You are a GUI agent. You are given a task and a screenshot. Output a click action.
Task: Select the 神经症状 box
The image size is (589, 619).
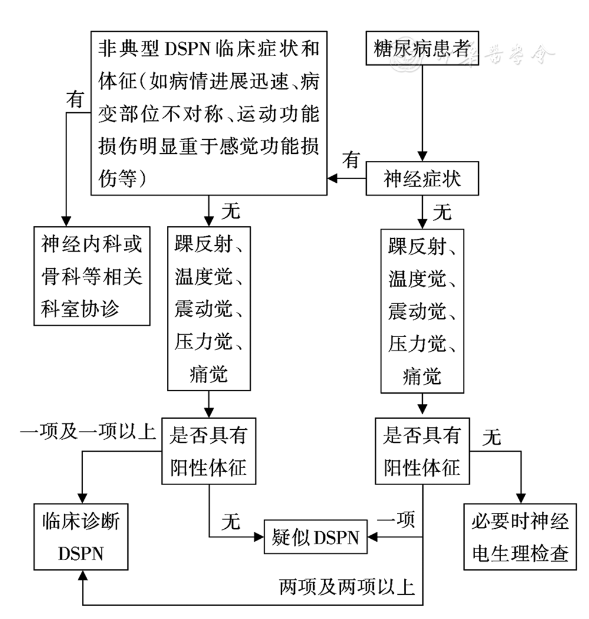pos(422,179)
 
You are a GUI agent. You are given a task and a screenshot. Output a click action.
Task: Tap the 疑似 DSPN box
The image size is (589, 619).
pos(315,537)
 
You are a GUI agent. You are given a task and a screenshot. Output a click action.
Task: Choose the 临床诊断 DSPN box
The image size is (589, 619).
pos(81,536)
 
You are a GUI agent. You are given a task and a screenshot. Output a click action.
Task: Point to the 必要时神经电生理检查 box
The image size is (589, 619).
pos(519,536)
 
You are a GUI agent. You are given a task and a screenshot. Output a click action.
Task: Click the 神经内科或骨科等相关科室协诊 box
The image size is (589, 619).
pos(92,275)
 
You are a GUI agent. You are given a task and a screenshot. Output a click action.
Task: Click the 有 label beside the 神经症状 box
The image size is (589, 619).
pos(352,160)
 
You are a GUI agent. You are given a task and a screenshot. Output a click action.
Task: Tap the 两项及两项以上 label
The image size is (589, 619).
pos(348,587)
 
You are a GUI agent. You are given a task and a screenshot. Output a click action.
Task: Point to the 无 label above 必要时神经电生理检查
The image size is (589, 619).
pos(491,437)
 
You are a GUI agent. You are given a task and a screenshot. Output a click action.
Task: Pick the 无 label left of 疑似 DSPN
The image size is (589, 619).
pos(231,521)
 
